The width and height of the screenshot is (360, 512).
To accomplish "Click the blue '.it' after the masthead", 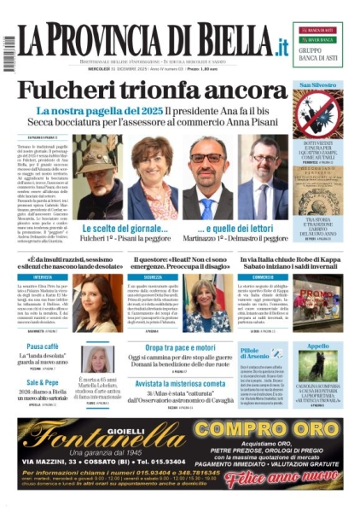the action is (x=278, y=44).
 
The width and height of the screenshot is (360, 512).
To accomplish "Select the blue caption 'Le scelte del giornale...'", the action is (x=124, y=230).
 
